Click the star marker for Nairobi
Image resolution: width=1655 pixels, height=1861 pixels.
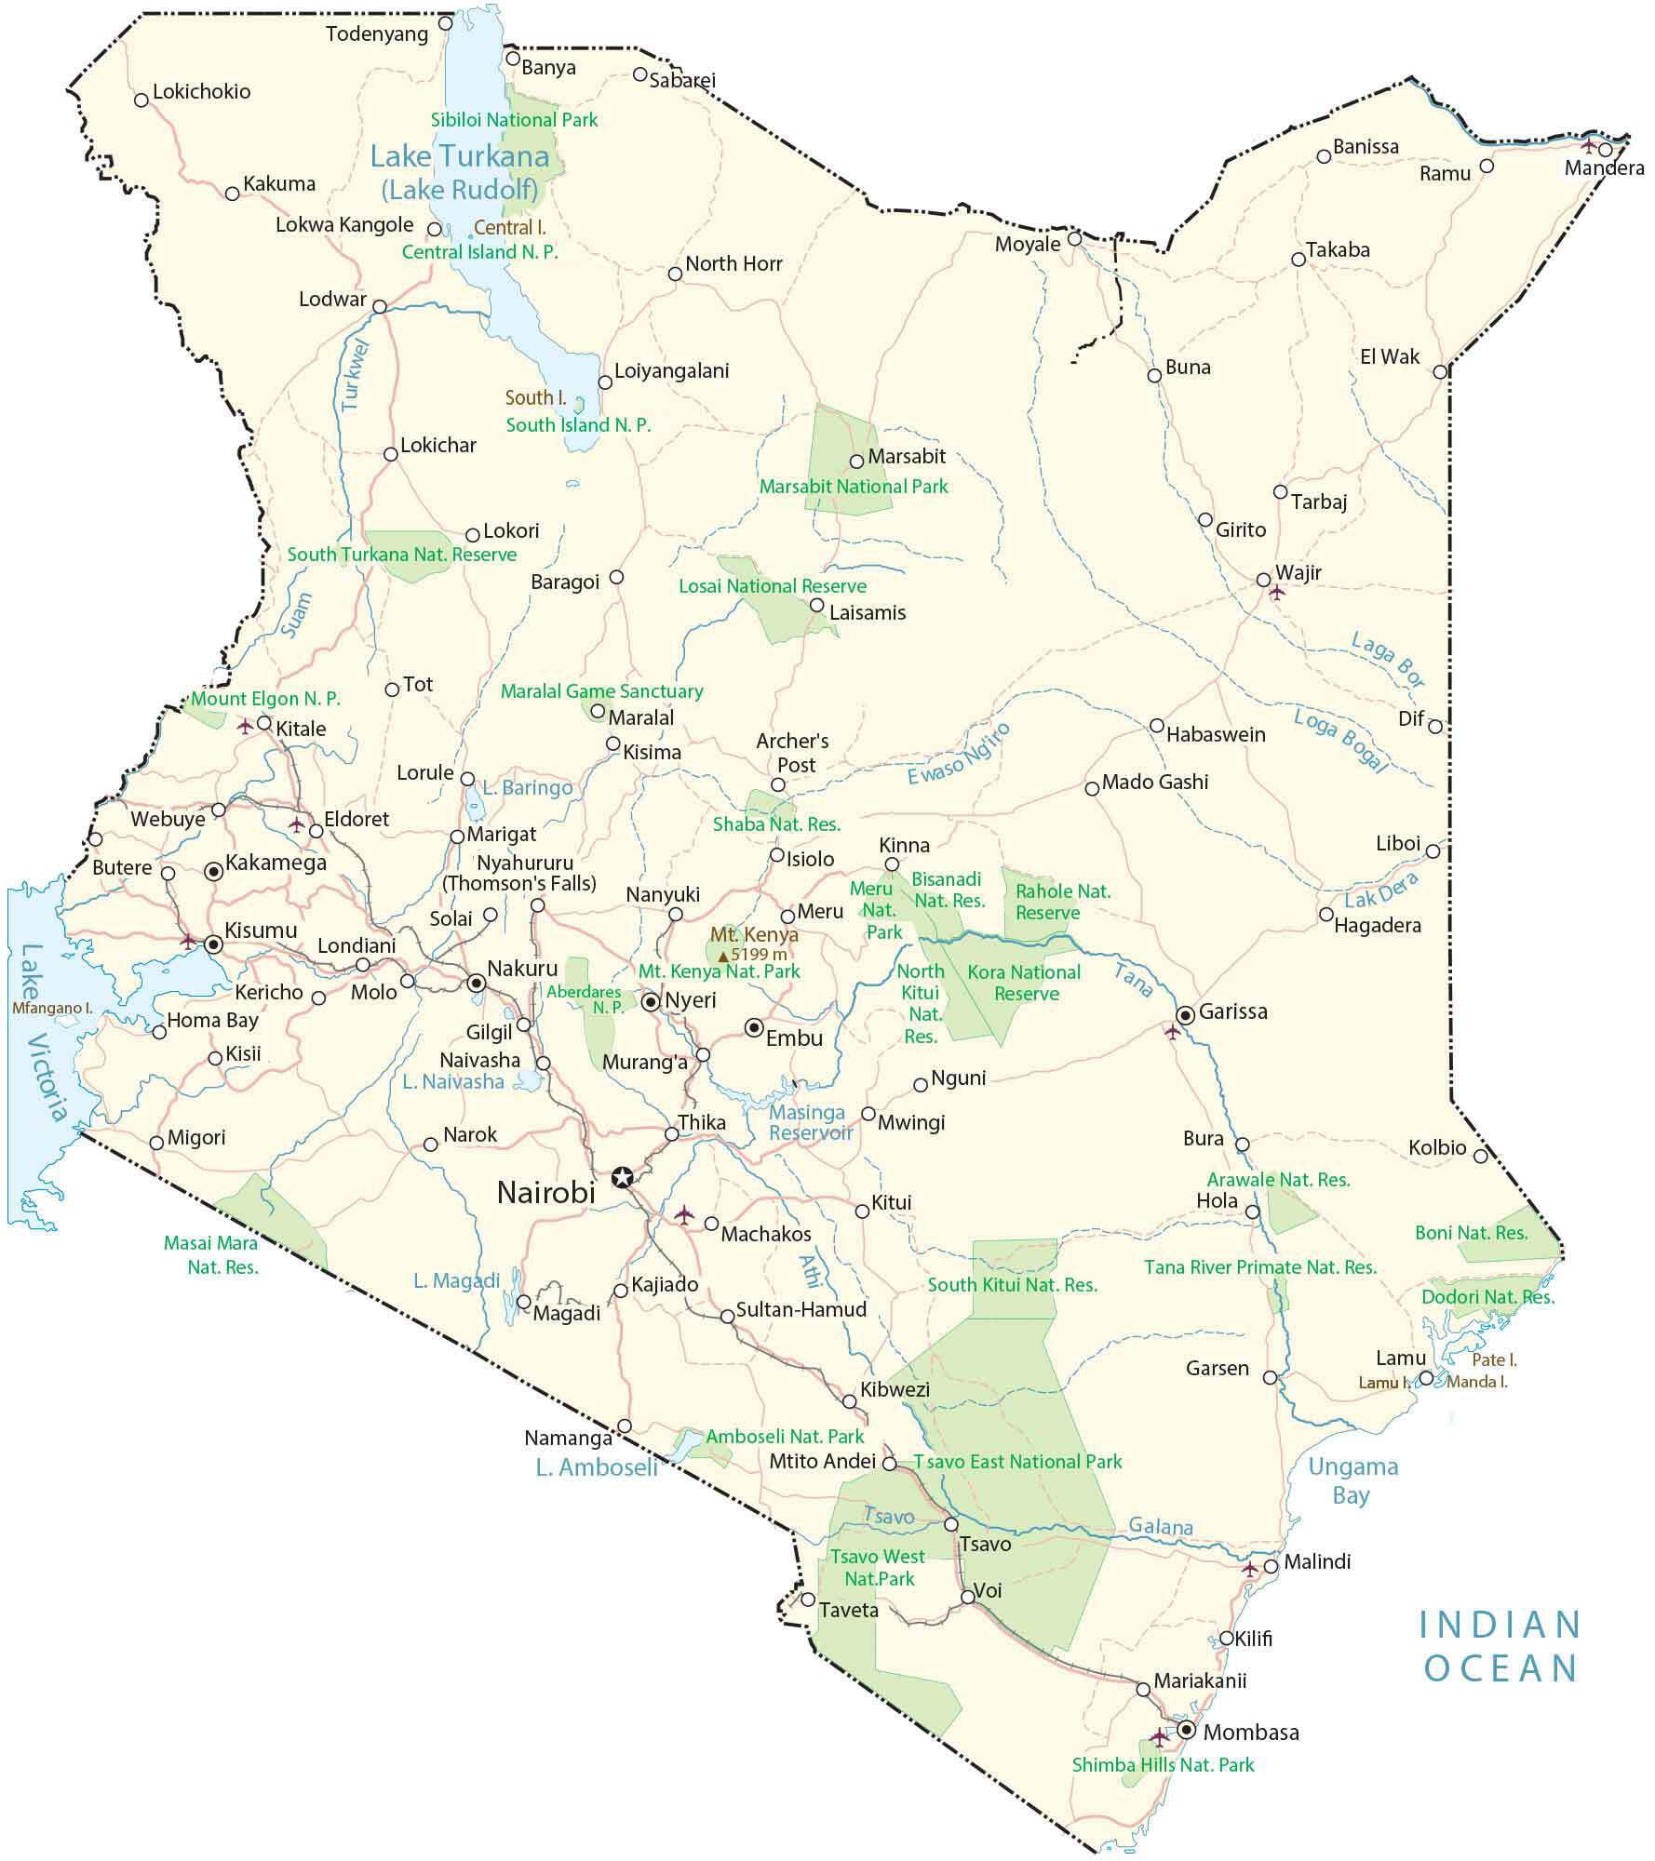(x=622, y=1177)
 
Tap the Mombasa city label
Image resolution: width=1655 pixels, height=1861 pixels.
(x=1250, y=1733)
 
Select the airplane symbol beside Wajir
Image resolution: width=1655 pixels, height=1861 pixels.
(x=1277, y=593)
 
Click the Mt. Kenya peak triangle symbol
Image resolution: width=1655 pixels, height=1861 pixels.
(x=723, y=956)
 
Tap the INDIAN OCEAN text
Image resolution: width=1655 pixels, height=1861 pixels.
(x=1500, y=1646)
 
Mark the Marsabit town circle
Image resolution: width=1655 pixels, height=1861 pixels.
(x=856, y=462)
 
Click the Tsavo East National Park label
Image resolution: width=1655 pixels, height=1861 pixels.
(x=1017, y=1462)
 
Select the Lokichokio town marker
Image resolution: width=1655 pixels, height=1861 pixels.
(x=141, y=100)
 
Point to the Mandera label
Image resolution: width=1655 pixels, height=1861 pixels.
(x=1604, y=168)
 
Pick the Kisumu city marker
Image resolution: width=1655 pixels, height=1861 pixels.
(x=213, y=944)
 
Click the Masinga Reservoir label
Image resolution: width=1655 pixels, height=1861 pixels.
(x=809, y=1122)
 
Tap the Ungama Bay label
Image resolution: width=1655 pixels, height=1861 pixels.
(x=1352, y=1481)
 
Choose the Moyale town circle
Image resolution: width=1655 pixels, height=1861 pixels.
(x=1073, y=239)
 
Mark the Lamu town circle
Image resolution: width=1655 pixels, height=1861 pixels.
(x=1425, y=1378)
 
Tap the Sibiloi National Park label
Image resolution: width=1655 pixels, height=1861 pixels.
(x=514, y=120)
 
